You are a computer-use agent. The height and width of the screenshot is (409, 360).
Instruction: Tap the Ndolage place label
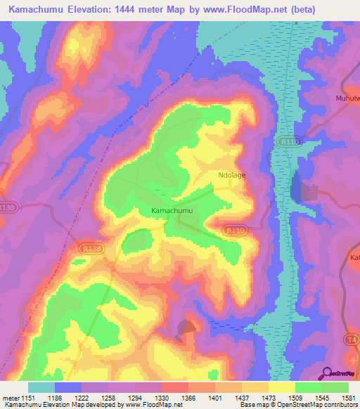point(231,175)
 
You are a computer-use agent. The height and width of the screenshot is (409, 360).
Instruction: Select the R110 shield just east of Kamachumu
point(234,229)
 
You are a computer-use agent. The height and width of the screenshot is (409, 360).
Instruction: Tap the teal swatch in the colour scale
point(41,387)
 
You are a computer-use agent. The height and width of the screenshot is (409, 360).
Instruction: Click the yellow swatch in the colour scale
point(282,387)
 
